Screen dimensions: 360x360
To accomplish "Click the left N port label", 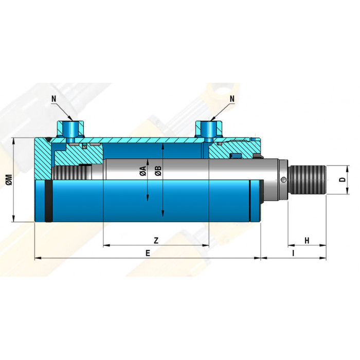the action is pyautogui.click(x=53, y=99).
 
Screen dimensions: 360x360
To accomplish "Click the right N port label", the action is pyautogui.click(x=232, y=99).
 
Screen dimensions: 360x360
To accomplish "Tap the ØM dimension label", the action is pyautogui.click(x=9, y=179).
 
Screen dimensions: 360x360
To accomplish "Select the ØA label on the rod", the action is pyautogui.click(x=143, y=171).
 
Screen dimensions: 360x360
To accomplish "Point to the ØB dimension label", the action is pyautogui.click(x=158, y=171).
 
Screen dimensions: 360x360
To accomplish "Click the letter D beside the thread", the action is pyautogui.click(x=343, y=179).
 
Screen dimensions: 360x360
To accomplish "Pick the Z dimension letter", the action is pyautogui.click(x=156, y=240).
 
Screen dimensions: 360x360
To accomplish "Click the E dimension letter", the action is pyautogui.click(x=148, y=253).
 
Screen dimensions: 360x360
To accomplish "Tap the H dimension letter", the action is pyautogui.click(x=307, y=241).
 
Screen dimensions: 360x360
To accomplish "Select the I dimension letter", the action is pyautogui.click(x=293, y=253).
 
